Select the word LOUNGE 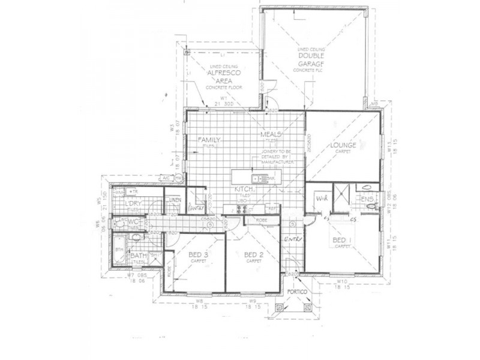pyautogui.click(x=343, y=145)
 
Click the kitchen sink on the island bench pyautogui.click(x=256, y=178)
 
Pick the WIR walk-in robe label pyautogui.click(x=320, y=197)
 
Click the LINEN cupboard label pyautogui.click(x=175, y=199)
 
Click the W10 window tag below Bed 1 pyautogui.click(x=342, y=280)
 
